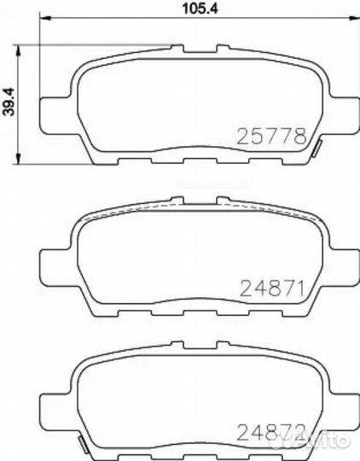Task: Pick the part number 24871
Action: point(270,285)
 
